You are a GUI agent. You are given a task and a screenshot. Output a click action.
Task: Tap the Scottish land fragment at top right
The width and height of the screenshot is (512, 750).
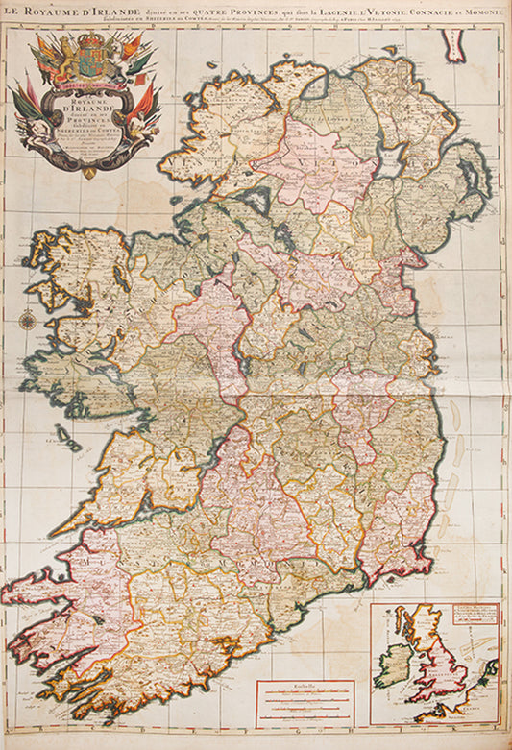[x=452, y=42]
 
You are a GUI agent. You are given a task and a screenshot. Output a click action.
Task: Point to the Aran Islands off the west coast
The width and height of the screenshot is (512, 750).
[x=68, y=437]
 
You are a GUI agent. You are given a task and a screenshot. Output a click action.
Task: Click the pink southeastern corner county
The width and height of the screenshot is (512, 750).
[x=394, y=538]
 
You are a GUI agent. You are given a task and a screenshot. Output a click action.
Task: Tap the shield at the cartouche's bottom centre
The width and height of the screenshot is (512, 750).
[x=89, y=172]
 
